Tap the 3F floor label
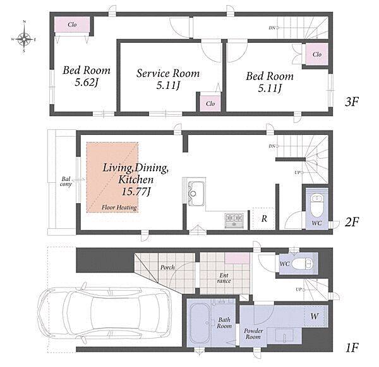tap(351, 102)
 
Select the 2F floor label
tap(351, 221)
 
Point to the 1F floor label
tap(351, 347)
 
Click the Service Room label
tap(168, 73)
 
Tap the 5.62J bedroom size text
tap(87, 83)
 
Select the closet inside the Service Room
tap(210, 103)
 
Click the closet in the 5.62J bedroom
tap(72, 25)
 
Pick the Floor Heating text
tap(119, 207)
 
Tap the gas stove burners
tap(234, 220)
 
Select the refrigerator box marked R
tap(263, 219)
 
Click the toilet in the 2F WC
tap(316, 206)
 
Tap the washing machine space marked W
tap(315, 316)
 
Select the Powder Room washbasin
tap(284, 335)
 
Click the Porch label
tap(167, 267)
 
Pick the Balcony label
tap(66, 182)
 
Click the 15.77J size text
tap(136, 192)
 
